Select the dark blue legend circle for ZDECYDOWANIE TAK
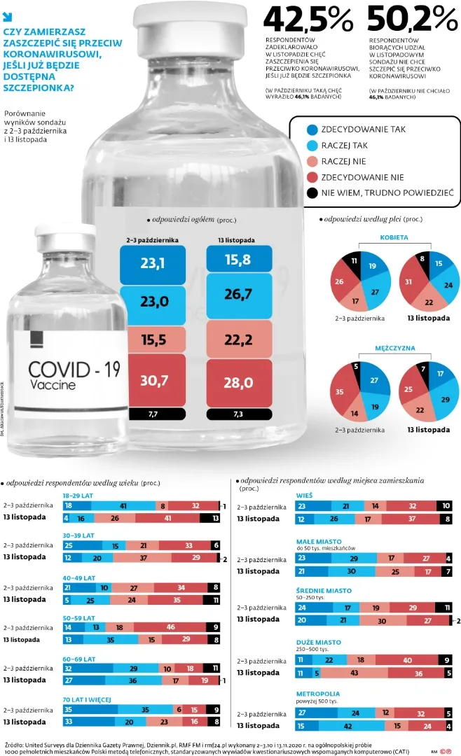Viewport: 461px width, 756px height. (x=313, y=129)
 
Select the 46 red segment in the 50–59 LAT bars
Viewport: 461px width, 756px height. (x=170, y=627)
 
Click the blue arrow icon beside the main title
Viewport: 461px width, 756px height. (x=8, y=13)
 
